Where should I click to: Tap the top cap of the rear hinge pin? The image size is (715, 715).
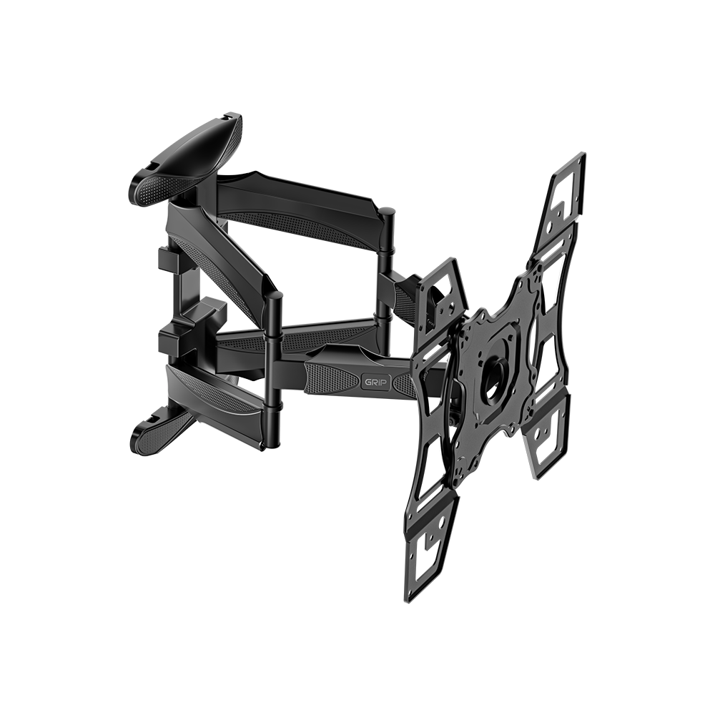coord(387,212)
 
